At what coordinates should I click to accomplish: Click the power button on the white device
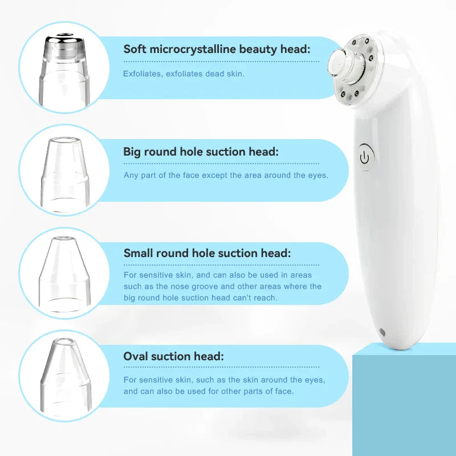tap(365, 158)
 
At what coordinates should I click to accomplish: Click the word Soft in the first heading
tap(135, 49)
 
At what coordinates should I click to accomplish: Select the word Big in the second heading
tap(133, 152)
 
